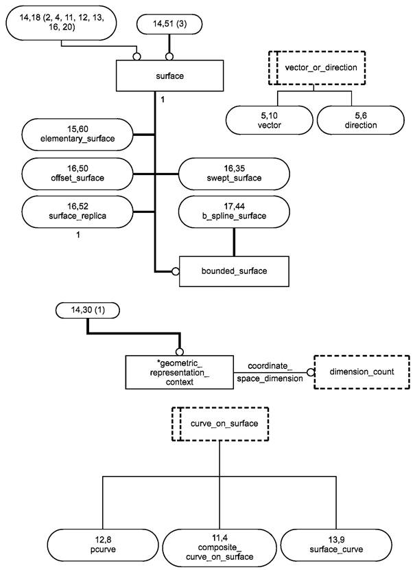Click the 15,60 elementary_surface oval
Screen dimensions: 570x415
[x=78, y=134]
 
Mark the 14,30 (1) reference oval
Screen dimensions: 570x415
[x=87, y=312]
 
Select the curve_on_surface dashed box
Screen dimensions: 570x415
[x=220, y=423]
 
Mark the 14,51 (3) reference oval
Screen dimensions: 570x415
[x=169, y=25]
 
